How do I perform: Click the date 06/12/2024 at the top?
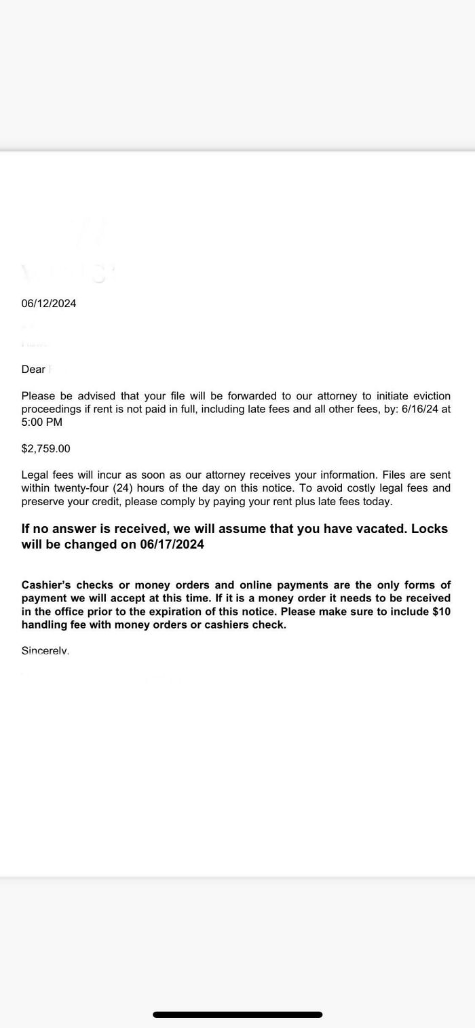point(49,304)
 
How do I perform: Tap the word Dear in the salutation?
point(33,370)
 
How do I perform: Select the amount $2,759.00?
point(45,449)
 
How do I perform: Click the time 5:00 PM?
point(42,422)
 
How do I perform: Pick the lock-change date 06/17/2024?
point(172,545)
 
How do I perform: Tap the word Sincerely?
point(45,651)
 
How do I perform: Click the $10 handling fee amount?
point(441,612)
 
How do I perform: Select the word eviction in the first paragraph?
point(427,396)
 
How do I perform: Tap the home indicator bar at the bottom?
point(237,1015)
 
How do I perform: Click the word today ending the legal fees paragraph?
point(377,502)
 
